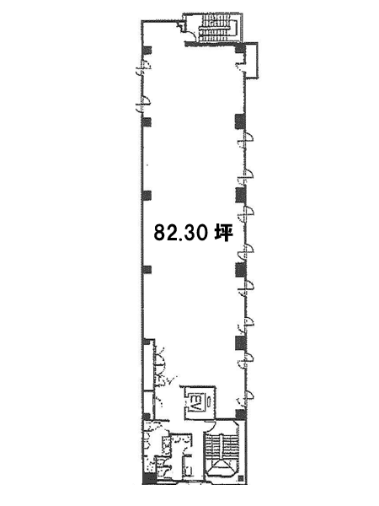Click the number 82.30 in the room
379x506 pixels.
(x=180, y=233)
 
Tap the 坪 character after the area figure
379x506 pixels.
(x=224, y=233)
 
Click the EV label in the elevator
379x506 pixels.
(x=195, y=401)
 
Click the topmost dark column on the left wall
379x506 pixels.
(x=147, y=50)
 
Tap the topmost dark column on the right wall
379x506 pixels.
(x=240, y=48)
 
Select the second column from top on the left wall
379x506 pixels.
(x=147, y=121)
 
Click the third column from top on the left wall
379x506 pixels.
(x=147, y=196)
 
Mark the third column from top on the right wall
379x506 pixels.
(x=240, y=196)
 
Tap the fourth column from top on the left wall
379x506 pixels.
(x=147, y=270)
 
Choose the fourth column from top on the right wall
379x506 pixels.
(x=240, y=270)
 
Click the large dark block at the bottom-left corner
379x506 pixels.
(x=148, y=478)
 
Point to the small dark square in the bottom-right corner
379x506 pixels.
(x=240, y=478)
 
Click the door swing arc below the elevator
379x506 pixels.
(x=211, y=426)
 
